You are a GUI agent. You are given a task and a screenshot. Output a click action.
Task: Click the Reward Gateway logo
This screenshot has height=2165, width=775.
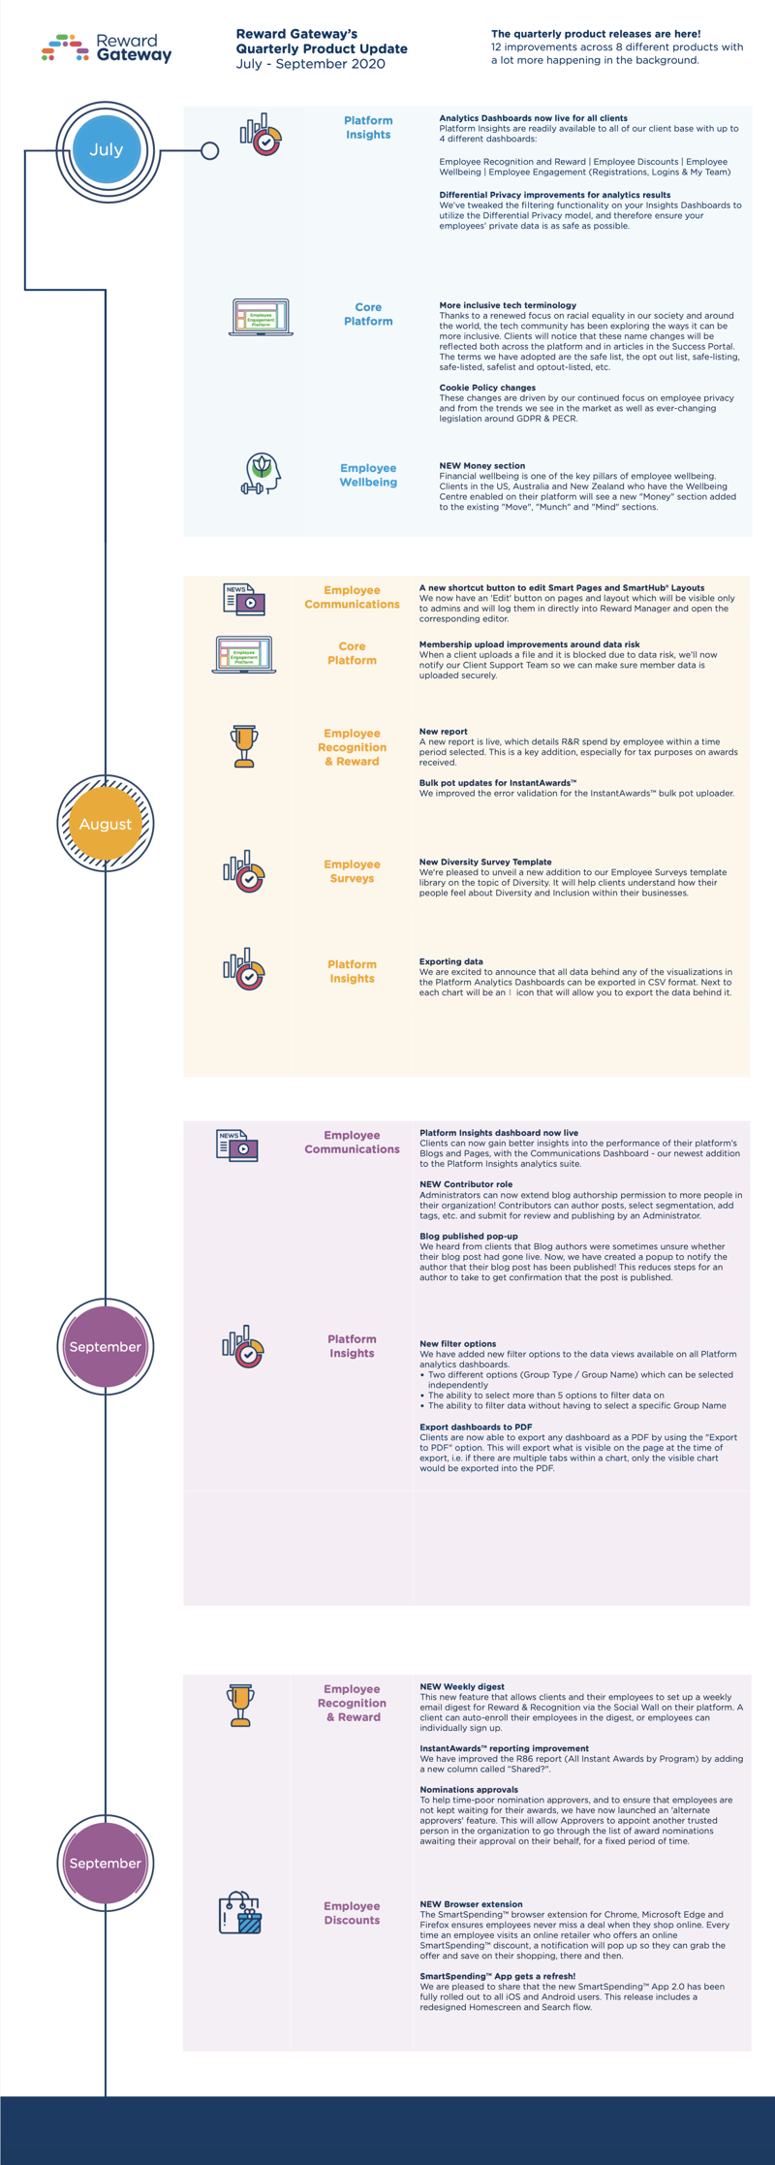tap(107, 47)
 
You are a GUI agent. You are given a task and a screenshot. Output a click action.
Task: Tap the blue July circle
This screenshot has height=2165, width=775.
tap(107, 150)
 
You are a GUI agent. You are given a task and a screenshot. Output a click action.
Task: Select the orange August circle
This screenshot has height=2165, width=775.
tap(106, 824)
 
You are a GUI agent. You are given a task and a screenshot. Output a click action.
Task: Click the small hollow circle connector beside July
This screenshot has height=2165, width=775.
tap(209, 151)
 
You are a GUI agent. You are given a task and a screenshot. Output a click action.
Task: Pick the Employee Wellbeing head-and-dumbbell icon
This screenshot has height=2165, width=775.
tap(261, 474)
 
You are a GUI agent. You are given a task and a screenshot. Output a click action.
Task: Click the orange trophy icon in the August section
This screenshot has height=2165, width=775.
tap(244, 746)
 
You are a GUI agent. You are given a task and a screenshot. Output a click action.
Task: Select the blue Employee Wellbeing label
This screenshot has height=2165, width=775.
tap(368, 475)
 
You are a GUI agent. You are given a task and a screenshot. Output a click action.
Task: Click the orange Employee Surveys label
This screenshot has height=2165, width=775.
tap(352, 871)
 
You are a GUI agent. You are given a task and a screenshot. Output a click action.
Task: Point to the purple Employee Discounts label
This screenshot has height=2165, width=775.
tap(352, 1913)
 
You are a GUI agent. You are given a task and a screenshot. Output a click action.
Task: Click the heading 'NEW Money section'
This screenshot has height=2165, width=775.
tap(482, 466)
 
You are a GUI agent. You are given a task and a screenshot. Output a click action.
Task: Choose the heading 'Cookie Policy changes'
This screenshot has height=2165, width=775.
tap(487, 388)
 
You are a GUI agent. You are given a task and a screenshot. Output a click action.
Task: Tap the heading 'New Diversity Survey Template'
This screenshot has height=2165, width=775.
tap(485, 862)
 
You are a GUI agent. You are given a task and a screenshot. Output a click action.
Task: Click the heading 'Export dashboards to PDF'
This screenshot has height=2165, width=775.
tap(476, 1427)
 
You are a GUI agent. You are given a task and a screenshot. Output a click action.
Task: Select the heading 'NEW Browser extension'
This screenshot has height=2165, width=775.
tap(471, 1903)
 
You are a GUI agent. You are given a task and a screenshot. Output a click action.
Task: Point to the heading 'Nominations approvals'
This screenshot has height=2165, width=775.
tap(469, 1789)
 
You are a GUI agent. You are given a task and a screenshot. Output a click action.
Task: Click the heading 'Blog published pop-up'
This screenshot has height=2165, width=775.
tap(469, 1236)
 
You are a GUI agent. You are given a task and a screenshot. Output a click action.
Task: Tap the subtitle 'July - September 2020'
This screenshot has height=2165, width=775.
tap(310, 64)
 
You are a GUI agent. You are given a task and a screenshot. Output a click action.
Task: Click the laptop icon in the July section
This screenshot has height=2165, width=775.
tap(261, 317)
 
